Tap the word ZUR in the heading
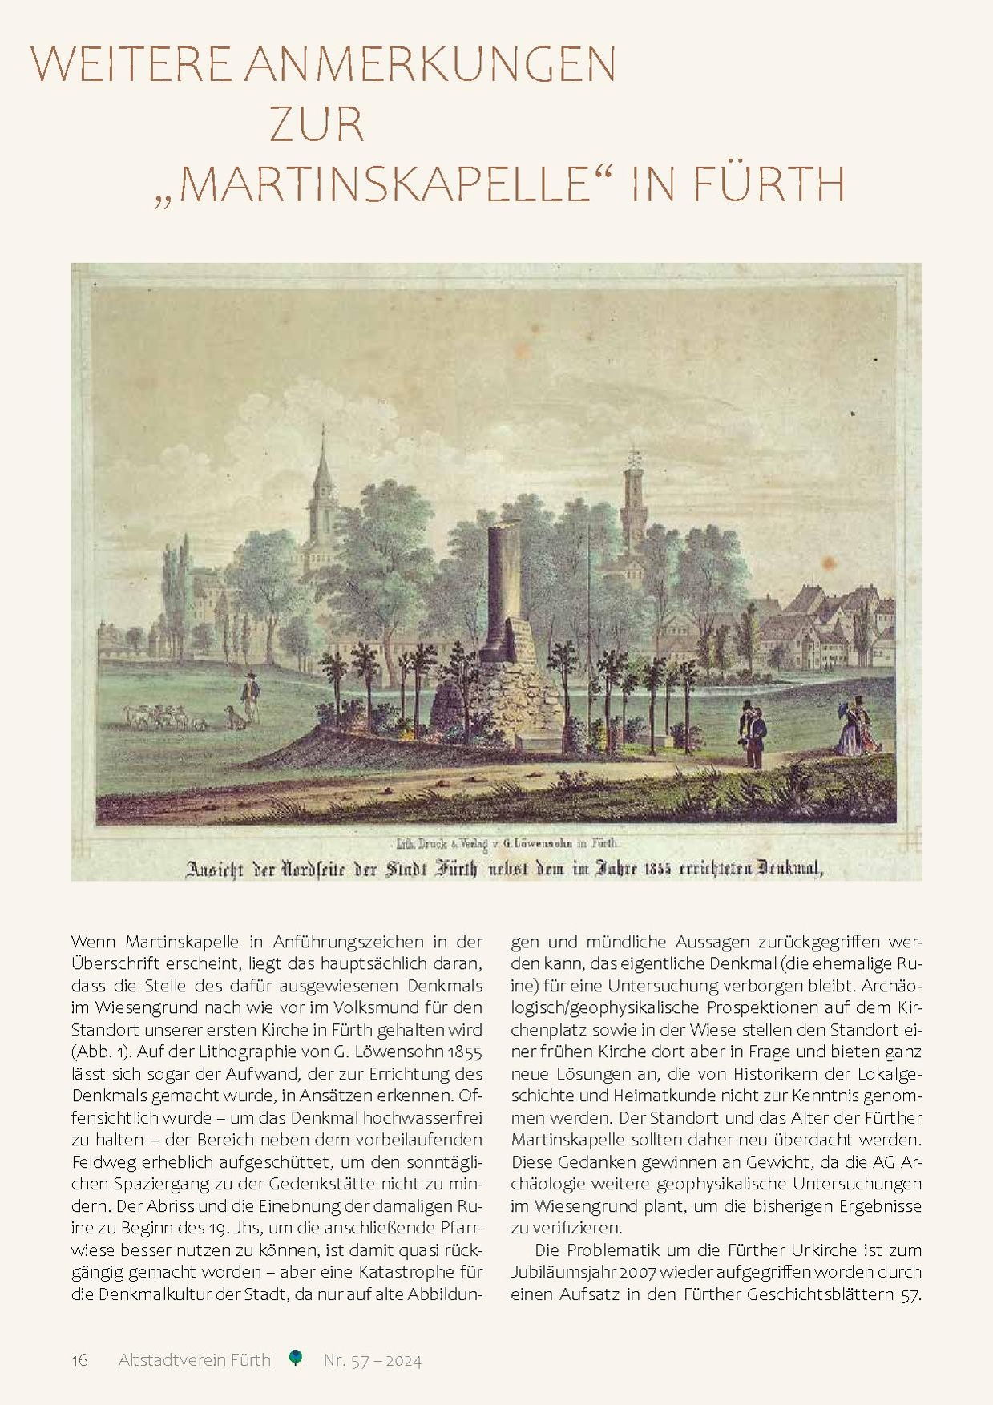[x=317, y=126]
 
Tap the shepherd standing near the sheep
[x=252, y=697]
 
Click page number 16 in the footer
[x=79, y=1360]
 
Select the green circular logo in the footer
[x=297, y=1358]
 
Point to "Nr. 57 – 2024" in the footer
[x=373, y=1360]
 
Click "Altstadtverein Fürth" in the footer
[x=195, y=1360]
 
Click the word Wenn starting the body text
[x=94, y=942]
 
